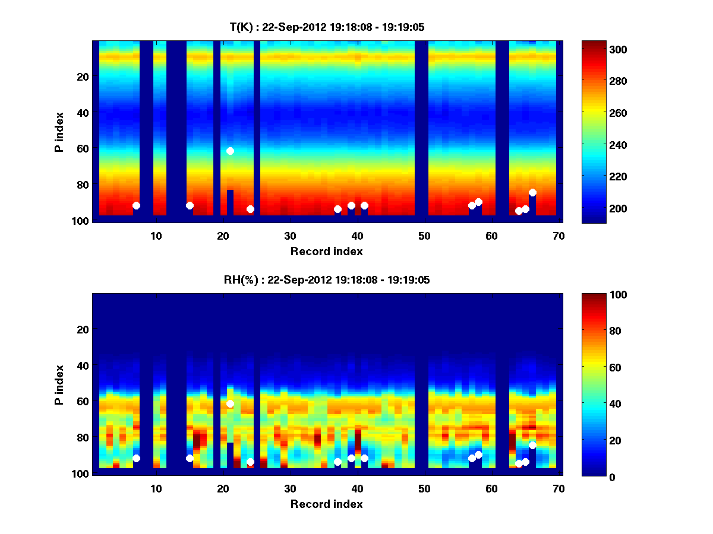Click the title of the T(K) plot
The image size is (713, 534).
327,27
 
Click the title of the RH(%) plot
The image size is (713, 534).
327,280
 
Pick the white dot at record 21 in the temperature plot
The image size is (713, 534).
230,151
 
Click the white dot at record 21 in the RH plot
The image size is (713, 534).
230,404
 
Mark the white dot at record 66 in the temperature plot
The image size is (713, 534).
532,192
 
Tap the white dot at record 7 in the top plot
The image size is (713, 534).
136,205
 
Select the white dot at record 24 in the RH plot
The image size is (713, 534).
250,462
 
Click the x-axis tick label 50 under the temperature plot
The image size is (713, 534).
424,236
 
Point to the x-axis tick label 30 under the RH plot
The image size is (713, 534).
290,489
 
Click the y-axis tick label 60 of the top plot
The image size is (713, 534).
82,148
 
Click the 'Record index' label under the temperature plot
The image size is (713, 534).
327,252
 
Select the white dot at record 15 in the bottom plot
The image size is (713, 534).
190,458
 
